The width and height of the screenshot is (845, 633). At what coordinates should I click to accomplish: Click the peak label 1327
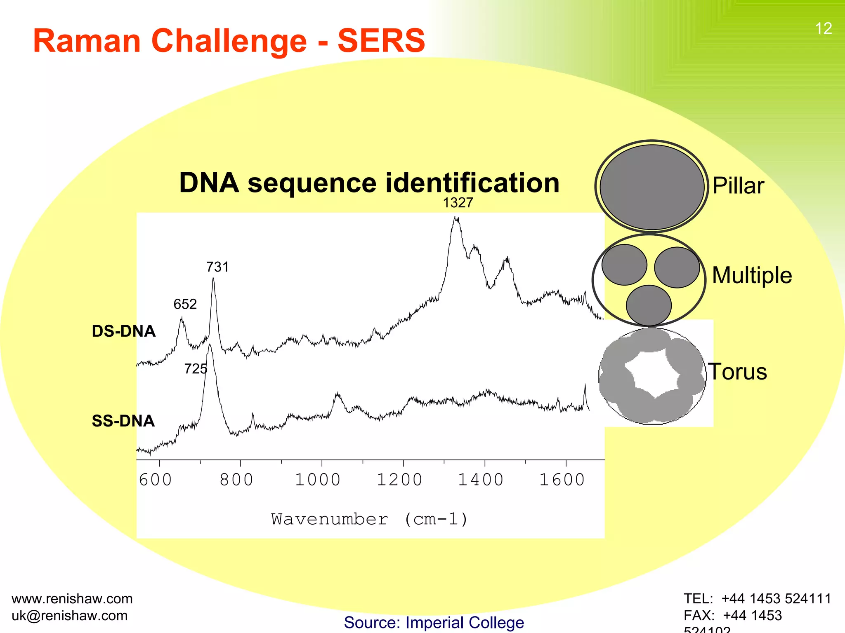click(458, 203)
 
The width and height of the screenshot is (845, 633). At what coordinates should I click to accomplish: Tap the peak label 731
click(217, 267)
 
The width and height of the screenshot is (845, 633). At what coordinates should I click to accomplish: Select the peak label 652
click(185, 304)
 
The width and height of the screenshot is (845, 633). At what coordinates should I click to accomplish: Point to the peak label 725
click(196, 368)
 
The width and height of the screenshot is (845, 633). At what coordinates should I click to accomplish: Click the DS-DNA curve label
click(123, 331)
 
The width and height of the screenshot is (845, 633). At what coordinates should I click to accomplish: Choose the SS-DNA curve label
click(123, 421)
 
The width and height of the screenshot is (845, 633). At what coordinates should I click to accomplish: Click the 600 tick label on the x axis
click(155, 480)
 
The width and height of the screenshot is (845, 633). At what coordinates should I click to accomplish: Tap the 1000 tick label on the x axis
click(318, 480)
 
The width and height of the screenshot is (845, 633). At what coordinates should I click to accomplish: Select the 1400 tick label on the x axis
click(481, 480)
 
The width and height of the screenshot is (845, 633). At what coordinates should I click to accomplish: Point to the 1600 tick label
click(562, 480)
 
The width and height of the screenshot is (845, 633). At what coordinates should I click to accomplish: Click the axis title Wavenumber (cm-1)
click(370, 519)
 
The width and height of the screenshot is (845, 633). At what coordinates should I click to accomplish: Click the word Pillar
click(738, 185)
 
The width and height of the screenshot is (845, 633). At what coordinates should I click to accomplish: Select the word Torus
click(738, 371)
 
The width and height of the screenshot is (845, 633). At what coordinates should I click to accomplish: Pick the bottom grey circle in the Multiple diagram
click(649, 305)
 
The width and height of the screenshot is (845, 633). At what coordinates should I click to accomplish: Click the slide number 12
click(823, 28)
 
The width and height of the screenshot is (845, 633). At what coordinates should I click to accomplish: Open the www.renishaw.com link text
click(72, 598)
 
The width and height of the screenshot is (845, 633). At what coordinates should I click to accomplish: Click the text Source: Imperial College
click(434, 622)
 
